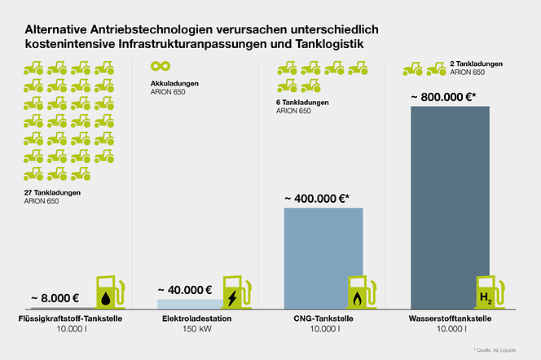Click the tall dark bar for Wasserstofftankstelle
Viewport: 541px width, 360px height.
tap(450, 204)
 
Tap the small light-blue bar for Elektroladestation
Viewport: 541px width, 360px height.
tap(187, 304)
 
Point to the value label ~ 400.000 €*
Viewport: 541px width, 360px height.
tap(317, 198)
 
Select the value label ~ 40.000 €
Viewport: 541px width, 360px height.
tap(185, 289)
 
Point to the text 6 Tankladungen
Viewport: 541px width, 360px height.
tap(302, 102)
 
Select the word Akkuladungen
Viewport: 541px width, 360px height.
tap(175, 83)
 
